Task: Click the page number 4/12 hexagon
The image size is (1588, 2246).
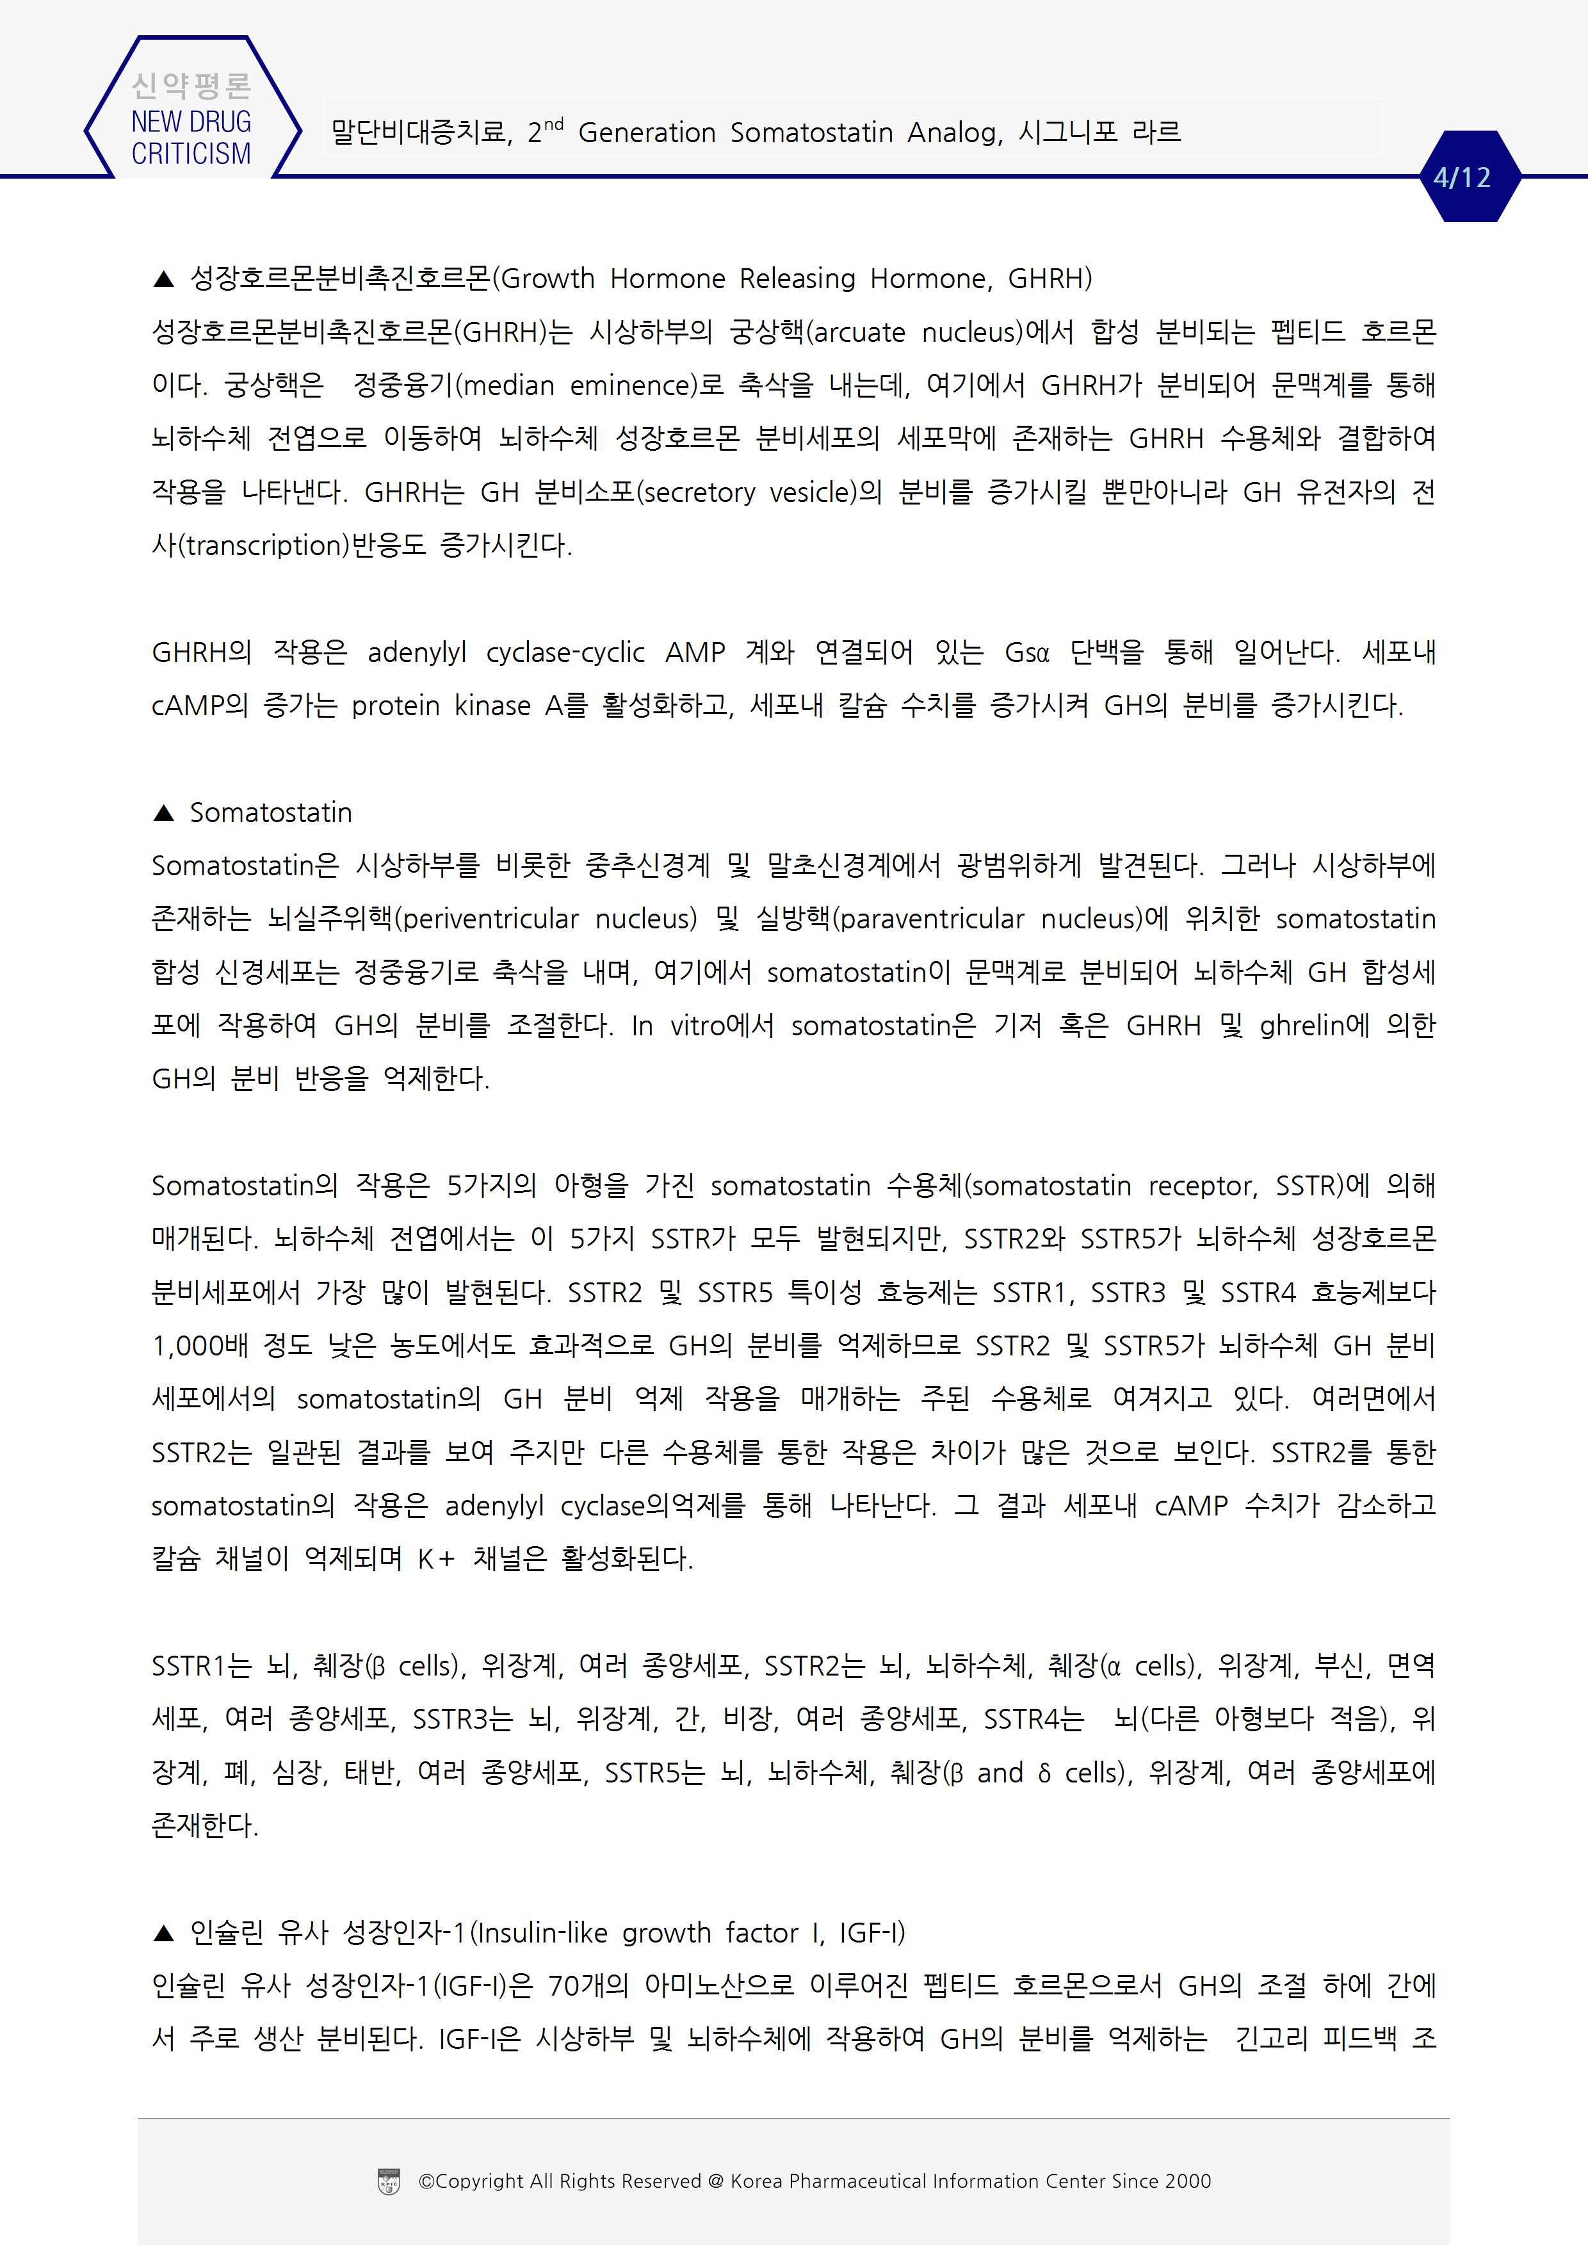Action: click(1462, 177)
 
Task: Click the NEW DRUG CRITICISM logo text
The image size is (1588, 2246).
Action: click(191, 138)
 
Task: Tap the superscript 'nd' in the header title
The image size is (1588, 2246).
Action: click(554, 124)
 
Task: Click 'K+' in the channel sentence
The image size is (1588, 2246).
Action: click(435, 1559)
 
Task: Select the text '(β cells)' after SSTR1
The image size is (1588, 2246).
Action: click(415, 1666)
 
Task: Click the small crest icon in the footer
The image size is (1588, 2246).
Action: click(389, 2181)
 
